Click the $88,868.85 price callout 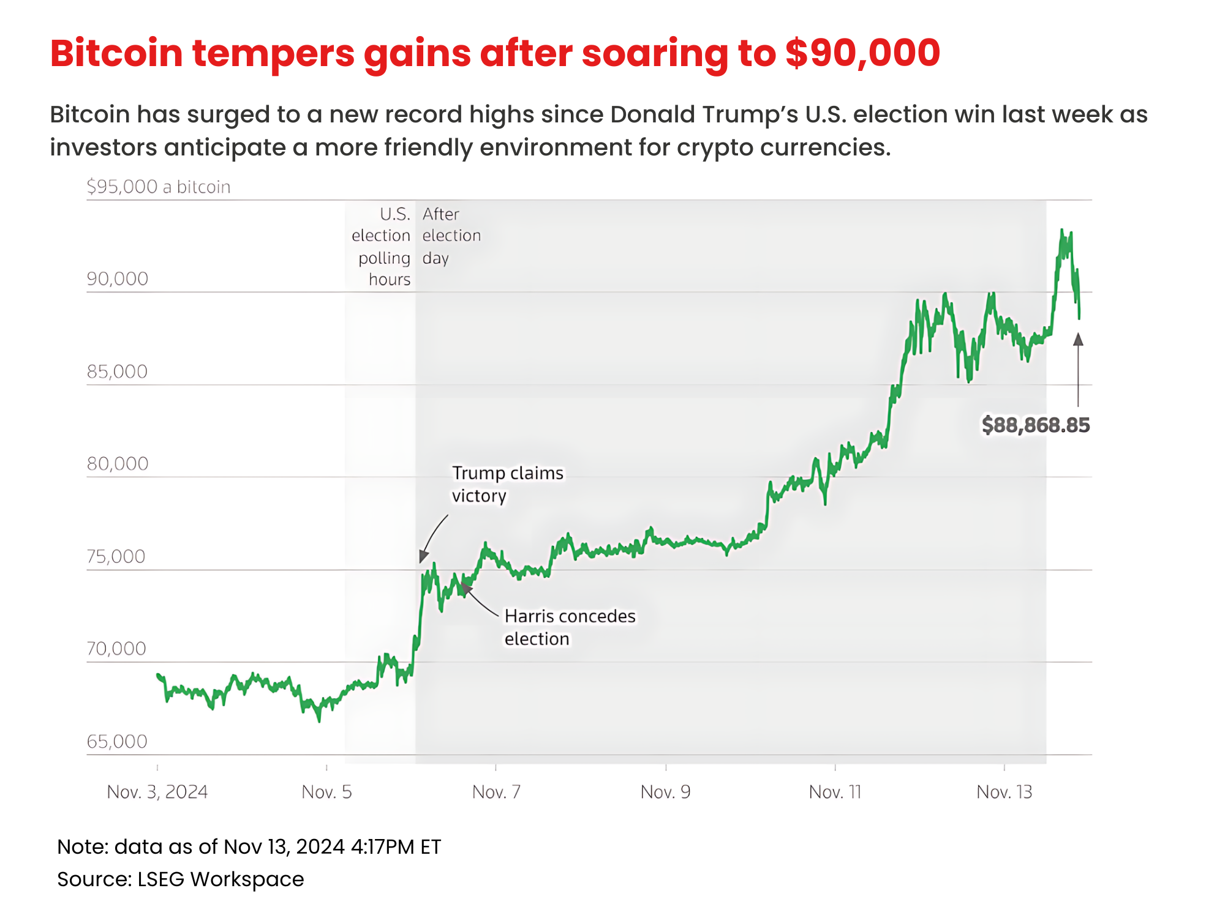(1035, 425)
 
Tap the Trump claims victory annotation (507, 484)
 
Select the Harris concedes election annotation (570, 627)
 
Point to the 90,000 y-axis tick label (118, 279)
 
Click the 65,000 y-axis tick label (117, 742)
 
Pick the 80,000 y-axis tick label (118, 464)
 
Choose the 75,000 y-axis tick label (116, 556)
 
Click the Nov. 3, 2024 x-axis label (157, 792)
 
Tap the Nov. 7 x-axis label (496, 792)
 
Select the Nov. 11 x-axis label (835, 792)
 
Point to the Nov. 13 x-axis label (1005, 792)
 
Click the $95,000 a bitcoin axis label (159, 187)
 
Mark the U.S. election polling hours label (381, 247)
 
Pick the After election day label (451, 236)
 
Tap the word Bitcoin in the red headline (116, 53)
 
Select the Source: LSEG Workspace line (181, 879)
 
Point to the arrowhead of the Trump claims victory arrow (423, 556)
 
